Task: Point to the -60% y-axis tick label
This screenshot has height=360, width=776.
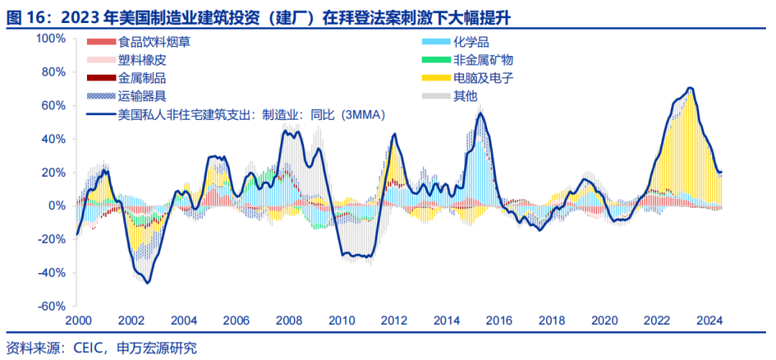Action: pos(52,307)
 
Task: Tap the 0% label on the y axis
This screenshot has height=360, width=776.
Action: pos(57,206)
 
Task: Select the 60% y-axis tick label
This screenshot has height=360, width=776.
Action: pos(53,106)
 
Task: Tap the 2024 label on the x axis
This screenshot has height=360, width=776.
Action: pos(710,320)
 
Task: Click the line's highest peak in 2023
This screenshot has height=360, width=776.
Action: pos(690,88)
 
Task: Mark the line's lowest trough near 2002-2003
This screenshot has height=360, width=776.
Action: pos(148,282)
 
